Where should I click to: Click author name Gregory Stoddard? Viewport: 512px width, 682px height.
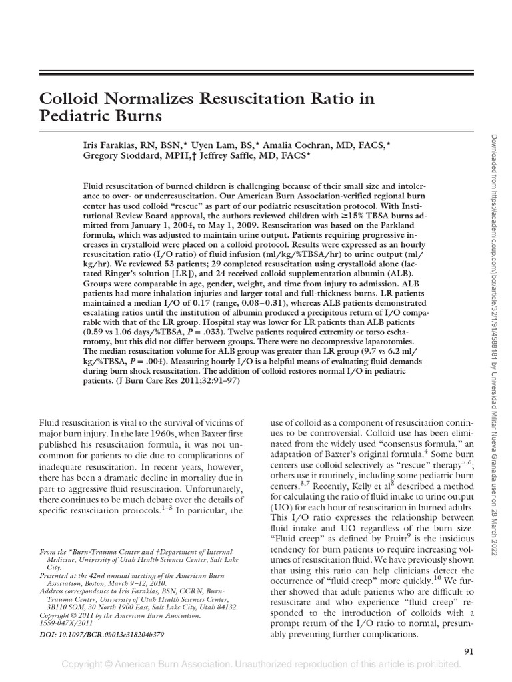point(123,155)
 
